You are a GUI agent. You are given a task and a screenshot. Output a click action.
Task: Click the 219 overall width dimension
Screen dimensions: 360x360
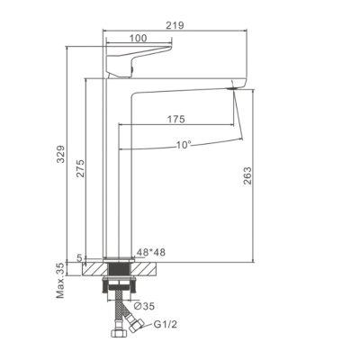tap(175, 25)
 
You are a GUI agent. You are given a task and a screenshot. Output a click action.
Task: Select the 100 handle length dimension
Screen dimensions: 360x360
tap(139, 38)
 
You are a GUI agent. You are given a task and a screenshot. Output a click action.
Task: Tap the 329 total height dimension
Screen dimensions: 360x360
tap(61, 154)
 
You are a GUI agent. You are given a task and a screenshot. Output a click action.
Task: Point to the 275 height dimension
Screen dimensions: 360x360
tap(80, 168)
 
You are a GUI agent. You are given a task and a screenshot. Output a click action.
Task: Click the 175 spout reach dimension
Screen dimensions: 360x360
tap(175, 119)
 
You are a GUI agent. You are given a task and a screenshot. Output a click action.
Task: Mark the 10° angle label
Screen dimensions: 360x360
tap(184, 145)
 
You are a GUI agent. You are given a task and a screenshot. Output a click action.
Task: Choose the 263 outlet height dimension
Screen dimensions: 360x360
tap(247, 175)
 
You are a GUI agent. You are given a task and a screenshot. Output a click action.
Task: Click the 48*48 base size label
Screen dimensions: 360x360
tap(151, 252)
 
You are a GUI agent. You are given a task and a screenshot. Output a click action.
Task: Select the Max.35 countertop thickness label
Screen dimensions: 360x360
tap(61, 280)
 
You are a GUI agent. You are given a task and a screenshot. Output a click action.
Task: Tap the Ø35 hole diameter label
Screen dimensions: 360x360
tap(145, 306)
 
